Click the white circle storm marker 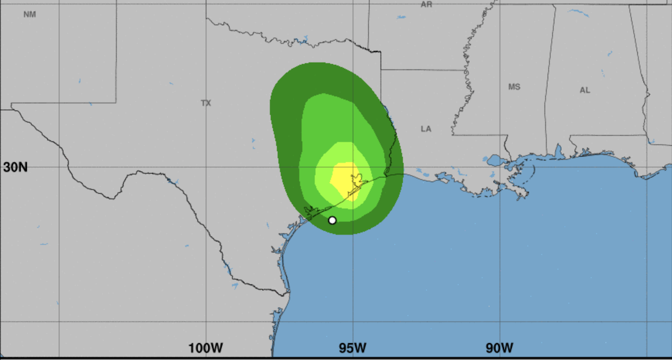[x=332, y=220]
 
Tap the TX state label [x=206, y=103]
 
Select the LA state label [x=426, y=129]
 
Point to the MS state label [x=514, y=87]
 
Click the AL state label [x=585, y=90]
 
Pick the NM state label [x=30, y=14]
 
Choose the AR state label [x=426, y=4]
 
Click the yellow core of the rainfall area [x=344, y=178]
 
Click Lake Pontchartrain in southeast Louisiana [x=496, y=161]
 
